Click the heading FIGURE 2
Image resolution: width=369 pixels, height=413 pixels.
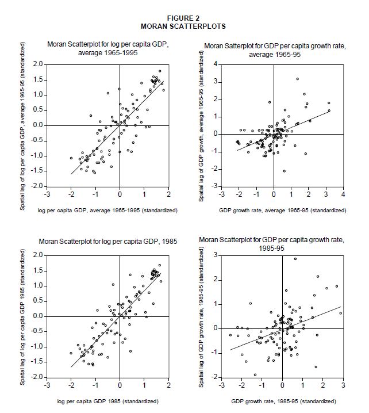coord(184,18)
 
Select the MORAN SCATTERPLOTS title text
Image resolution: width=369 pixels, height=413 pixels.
coord(184,26)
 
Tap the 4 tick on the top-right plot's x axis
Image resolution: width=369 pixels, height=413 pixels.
coord(343,194)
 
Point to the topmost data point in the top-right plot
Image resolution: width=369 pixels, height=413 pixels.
coord(297,79)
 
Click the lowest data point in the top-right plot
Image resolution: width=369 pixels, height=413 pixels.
coord(284,171)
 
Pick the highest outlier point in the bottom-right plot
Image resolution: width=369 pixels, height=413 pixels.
coord(295,259)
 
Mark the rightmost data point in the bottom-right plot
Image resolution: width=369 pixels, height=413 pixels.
coord(341,313)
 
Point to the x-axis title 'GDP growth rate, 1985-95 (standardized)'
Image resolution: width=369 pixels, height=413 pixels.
coord(283,400)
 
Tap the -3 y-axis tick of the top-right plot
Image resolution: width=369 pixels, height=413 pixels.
coord(214,187)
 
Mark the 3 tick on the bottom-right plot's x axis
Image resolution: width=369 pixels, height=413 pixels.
coord(344,385)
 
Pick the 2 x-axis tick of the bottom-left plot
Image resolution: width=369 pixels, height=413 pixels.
coord(169,385)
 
